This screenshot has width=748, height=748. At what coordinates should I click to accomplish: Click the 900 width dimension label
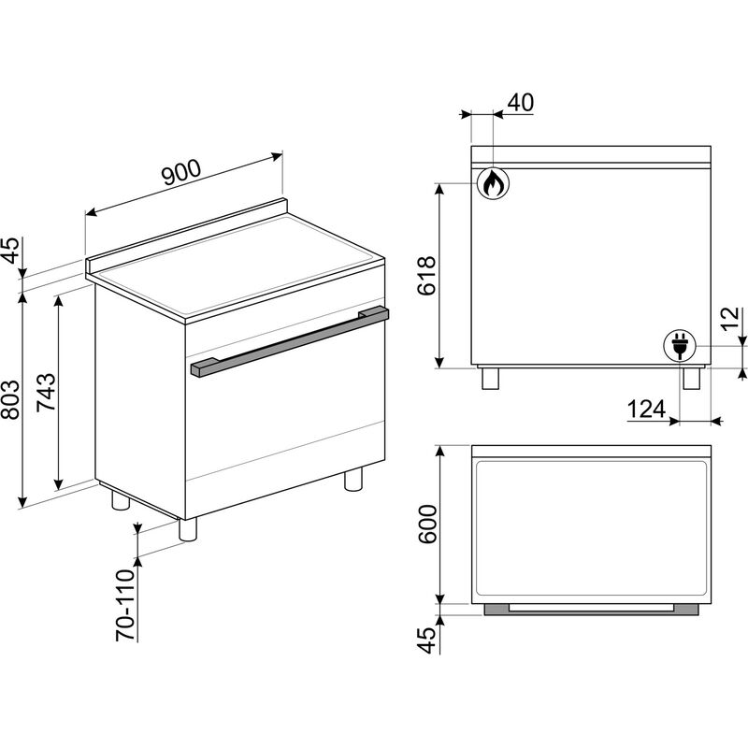click(181, 172)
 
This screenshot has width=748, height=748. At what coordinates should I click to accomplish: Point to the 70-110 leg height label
click(125, 605)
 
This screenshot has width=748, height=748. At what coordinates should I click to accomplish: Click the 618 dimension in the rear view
click(426, 275)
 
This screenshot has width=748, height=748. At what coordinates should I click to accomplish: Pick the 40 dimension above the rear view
click(521, 102)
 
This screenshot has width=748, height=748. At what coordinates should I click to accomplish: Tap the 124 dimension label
click(646, 409)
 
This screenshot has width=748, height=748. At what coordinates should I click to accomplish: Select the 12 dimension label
click(730, 319)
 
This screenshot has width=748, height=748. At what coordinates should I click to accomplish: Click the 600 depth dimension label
click(427, 524)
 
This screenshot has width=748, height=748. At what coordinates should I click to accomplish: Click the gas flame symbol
click(494, 182)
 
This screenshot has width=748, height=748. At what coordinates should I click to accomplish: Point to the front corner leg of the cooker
click(188, 529)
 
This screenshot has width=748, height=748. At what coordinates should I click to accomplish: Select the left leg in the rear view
click(490, 379)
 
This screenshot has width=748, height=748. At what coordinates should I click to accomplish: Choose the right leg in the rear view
click(691, 379)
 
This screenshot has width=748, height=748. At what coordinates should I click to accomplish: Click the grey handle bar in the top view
click(592, 609)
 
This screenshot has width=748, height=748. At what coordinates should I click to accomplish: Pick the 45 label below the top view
click(427, 640)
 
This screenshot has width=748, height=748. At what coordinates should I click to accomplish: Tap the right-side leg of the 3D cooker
click(353, 479)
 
